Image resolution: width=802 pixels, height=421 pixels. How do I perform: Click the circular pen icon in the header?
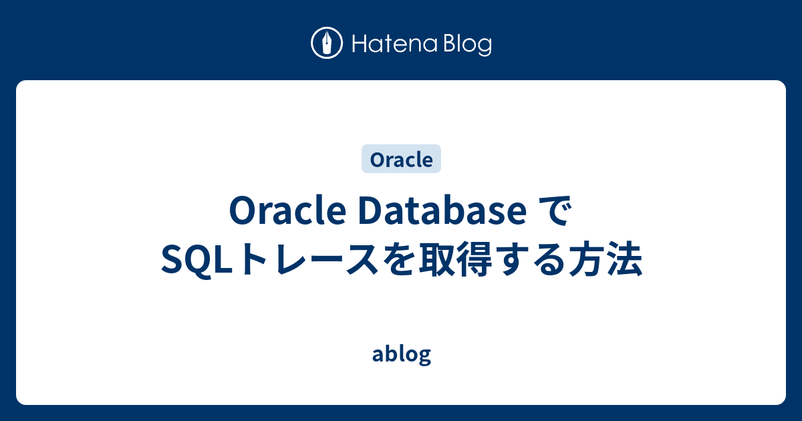point(327,43)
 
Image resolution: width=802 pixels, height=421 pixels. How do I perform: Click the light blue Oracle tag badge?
point(401,160)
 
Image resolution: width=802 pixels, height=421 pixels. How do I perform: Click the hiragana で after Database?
point(555,213)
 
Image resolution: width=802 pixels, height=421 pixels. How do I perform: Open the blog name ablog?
point(401,355)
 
